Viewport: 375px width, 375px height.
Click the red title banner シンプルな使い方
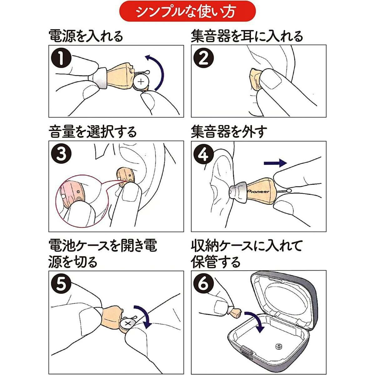(187, 11)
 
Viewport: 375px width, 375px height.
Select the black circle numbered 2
(204, 58)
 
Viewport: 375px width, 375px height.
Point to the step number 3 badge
(61, 154)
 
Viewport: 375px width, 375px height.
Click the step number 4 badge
(204, 154)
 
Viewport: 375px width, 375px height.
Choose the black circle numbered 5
(61, 284)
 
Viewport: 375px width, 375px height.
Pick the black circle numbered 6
(204, 284)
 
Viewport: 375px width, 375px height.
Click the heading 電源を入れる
(86, 36)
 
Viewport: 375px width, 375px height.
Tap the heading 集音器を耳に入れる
(247, 36)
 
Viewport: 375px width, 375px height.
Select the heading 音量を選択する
(92, 132)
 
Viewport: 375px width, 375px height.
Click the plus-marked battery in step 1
(141, 82)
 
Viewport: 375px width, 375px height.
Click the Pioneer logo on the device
(258, 192)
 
